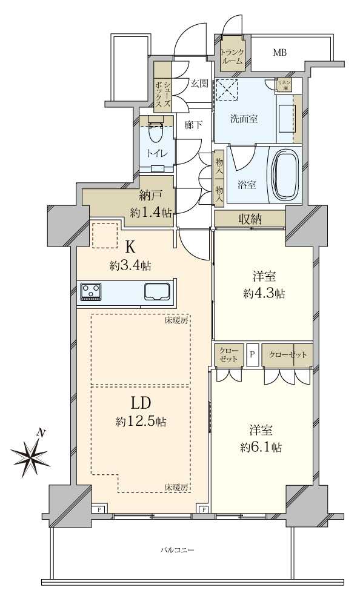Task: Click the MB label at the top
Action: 279,53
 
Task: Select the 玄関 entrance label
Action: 199,84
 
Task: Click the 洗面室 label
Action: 244,119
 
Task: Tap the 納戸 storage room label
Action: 151,196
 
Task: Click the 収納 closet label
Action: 250,219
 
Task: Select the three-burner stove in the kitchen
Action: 91,292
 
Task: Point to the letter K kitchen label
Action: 130,248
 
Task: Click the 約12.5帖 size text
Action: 141,422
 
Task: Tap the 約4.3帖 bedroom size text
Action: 264,293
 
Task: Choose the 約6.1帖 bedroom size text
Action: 261,448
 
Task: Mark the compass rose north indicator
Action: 31,455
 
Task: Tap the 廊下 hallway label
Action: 193,125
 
